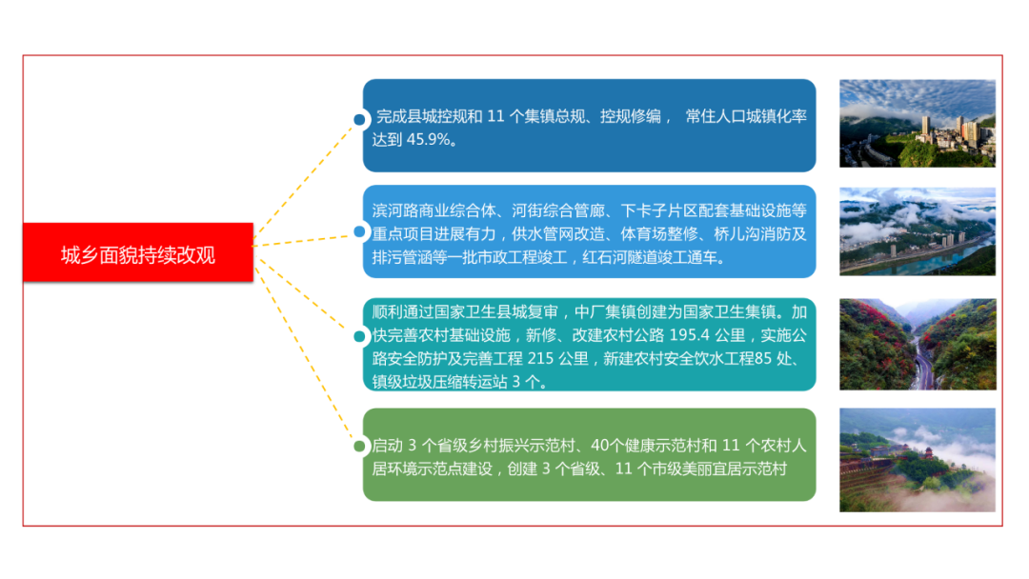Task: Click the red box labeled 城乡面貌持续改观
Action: (x=138, y=252)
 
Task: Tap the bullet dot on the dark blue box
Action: (x=359, y=119)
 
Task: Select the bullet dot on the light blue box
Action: (x=359, y=231)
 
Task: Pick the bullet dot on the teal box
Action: (x=359, y=336)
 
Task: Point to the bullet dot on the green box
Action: (x=359, y=446)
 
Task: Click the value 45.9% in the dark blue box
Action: (x=428, y=140)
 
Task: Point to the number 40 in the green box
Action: (x=599, y=446)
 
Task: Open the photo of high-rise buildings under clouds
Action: (x=918, y=123)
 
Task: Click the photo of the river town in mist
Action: (x=918, y=231)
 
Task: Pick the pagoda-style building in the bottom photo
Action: (x=928, y=452)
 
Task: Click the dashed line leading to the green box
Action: (x=303, y=351)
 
